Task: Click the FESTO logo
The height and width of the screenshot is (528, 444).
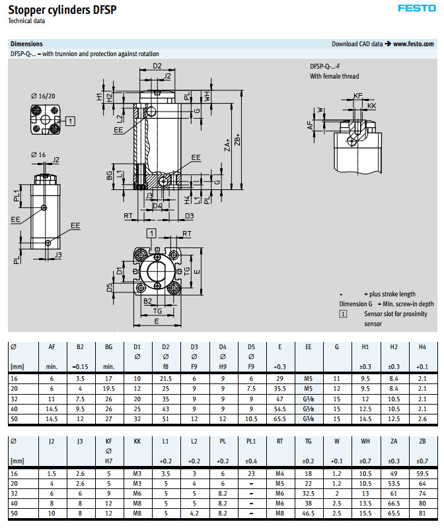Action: [416, 9]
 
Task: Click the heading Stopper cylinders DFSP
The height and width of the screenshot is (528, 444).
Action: [57, 10]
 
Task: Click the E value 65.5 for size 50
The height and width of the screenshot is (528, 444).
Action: [280, 418]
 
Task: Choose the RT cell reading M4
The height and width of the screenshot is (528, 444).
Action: [281, 475]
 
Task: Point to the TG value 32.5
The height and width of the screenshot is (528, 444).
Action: [309, 493]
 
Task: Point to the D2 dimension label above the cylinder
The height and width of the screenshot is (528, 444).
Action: [157, 66]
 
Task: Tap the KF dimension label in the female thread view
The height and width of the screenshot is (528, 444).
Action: [358, 96]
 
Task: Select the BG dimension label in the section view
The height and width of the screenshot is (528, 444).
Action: [109, 176]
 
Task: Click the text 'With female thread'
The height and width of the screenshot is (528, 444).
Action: [334, 77]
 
